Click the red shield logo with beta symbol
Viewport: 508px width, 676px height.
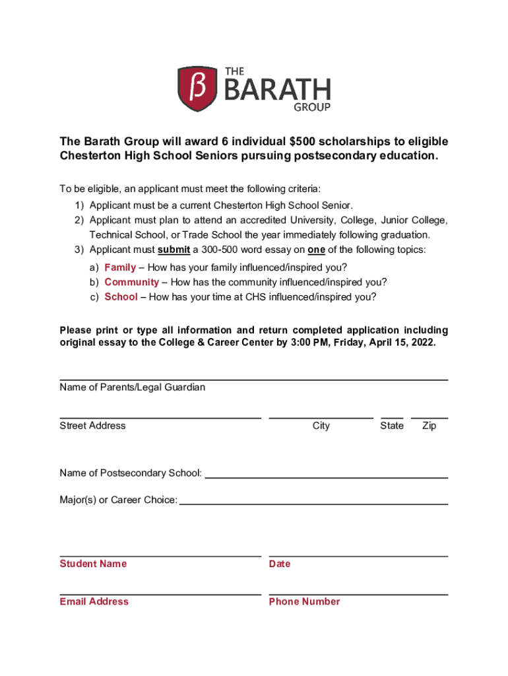pyautogui.click(x=197, y=88)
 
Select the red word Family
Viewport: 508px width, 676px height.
pyautogui.click(x=120, y=267)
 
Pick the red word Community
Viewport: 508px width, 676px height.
pyautogui.click(x=131, y=282)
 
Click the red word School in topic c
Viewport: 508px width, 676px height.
pyautogui.click(x=121, y=296)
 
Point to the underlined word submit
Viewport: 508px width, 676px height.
pyautogui.click(x=174, y=250)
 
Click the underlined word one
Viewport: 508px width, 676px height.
pyautogui.click(x=316, y=250)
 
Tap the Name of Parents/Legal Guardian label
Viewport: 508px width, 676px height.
pyautogui.click(x=132, y=388)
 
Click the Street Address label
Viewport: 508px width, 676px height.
pyautogui.click(x=92, y=426)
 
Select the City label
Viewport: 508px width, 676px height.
pyautogui.click(x=321, y=426)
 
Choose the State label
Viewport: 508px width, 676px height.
pyautogui.click(x=392, y=426)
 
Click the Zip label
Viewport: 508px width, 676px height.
pyautogui.click(x=429, y=426)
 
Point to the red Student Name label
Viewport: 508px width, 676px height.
pyautogui.click(x=93, y=564)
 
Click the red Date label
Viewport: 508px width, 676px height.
pyautogui.click(x=280, y=564)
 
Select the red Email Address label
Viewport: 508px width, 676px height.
pyautogui.click(x=94, y=601)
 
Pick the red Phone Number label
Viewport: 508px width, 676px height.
pyautogui.click(x=305, y=601)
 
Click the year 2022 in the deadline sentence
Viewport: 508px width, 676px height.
pyautogui.click(x=423, y=343)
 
